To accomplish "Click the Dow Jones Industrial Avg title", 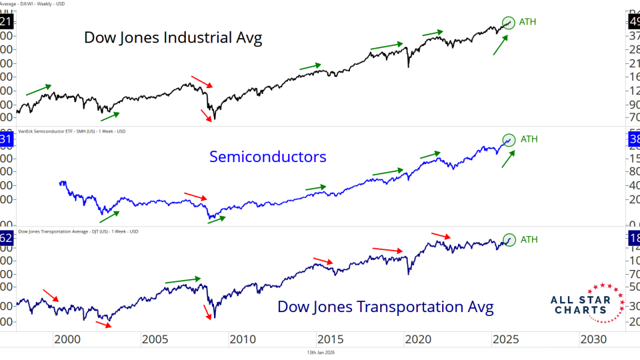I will pos(173,38).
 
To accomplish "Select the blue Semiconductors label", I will pos(267,157).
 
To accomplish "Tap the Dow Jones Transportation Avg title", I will pos(385,307).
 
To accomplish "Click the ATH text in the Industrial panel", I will pos(527,22).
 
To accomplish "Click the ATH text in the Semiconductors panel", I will pos(528,139).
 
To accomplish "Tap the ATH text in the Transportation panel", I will pos(528,239).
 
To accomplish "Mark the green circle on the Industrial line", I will pos(509,23).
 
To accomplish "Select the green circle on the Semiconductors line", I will pos(509,140).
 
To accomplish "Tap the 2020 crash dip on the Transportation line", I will pos(408,273).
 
